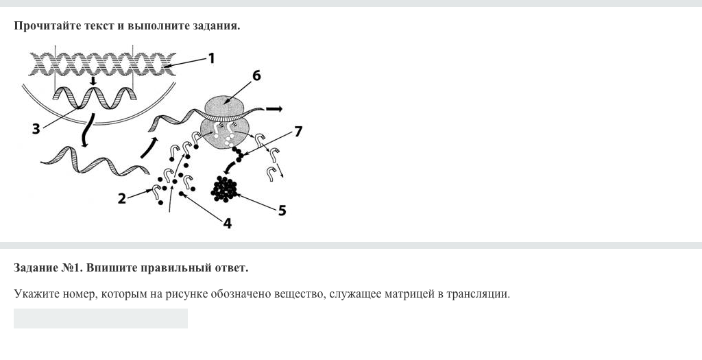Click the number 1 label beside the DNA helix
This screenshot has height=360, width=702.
pyautogui.click(x=211, y=58)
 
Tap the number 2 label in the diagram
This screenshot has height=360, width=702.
pyautogui.click(x=122, y=198)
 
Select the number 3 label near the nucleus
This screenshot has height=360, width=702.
pyautogui.click(x=36, y=130)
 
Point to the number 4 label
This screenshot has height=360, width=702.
pyautogui.click(x=228, y=223)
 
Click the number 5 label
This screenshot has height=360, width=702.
pyautogui.click(x=282, y=211)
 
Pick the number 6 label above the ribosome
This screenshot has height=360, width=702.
pyautogui.click(x=256, y=75)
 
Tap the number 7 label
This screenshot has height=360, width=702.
pyautogui.click(x=298, y=131)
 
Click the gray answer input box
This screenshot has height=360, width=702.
pyautogui.click(x=101, y=318)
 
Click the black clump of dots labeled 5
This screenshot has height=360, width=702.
pyautogui.click(x=224, y=189)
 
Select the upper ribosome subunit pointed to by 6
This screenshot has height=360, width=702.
pyautogui.click(x=224, y=106)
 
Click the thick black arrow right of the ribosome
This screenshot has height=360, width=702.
pyautogui.click(x=274, y=109)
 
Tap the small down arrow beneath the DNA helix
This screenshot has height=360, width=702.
pyautogui.click(x=93, y=81)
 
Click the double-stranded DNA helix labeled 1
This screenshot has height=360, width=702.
pyautogui.click(x=103, y=64)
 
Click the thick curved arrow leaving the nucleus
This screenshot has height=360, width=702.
pyautogui.click(x=88, y=130)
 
